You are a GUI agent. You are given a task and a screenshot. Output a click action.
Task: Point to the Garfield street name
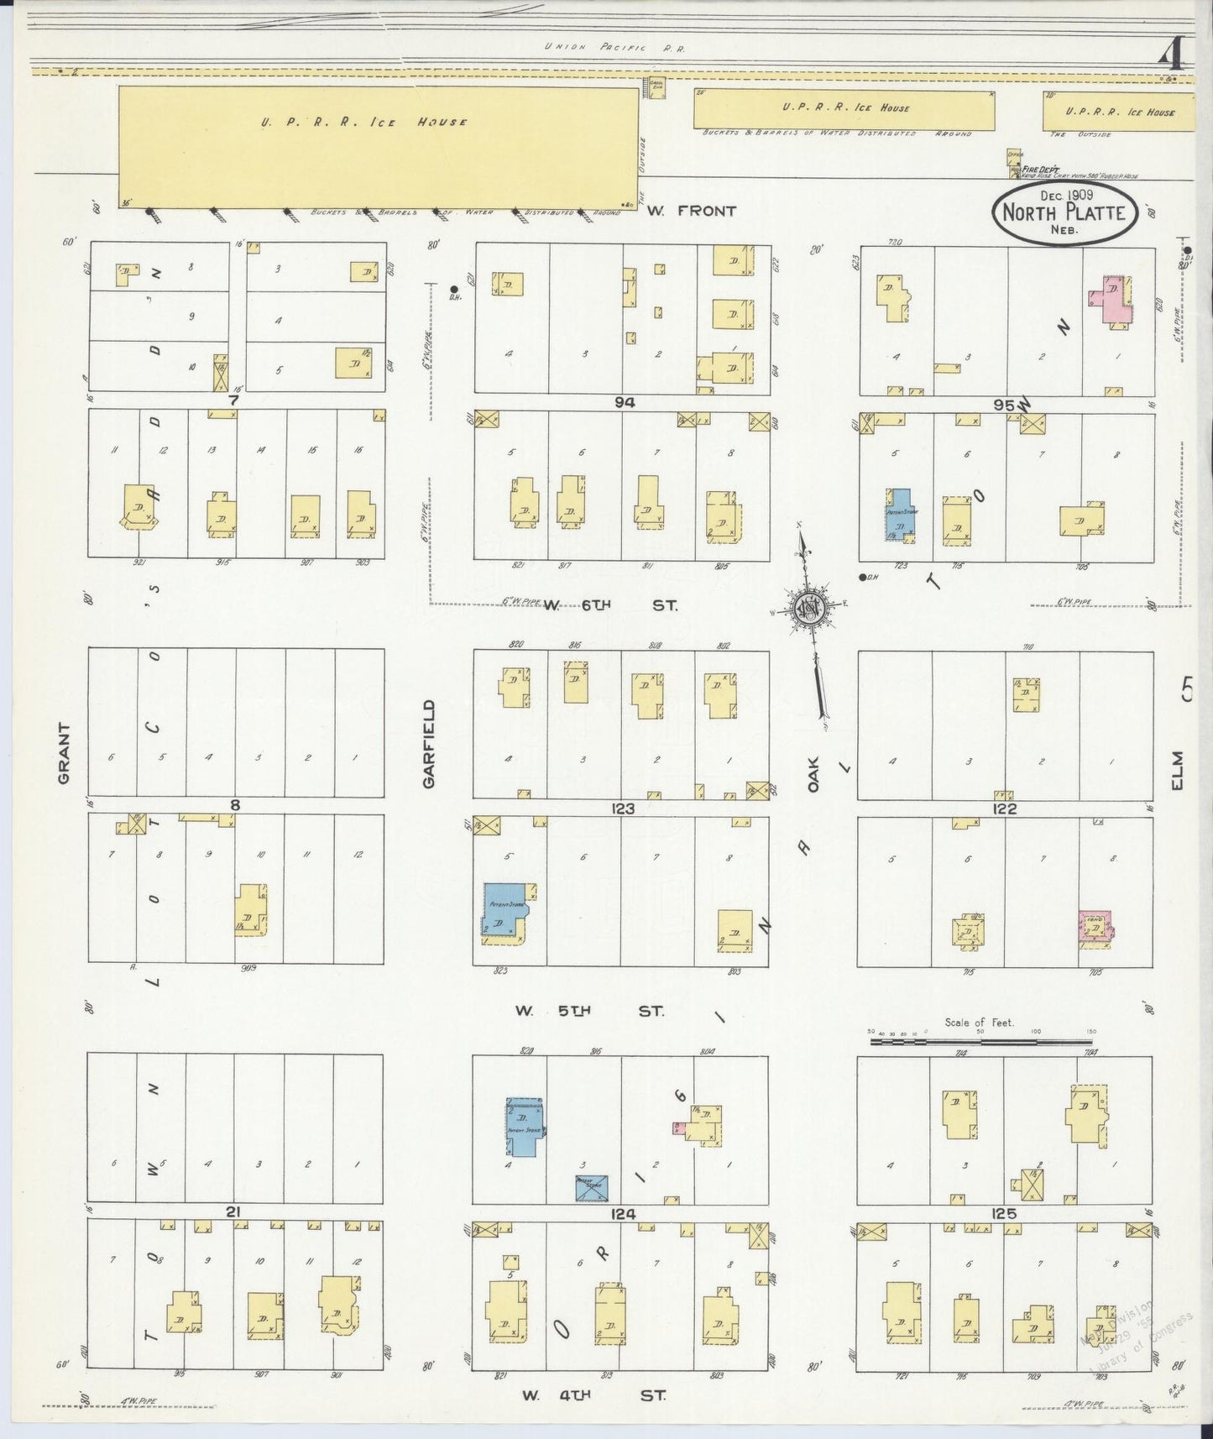(x=429, y=743)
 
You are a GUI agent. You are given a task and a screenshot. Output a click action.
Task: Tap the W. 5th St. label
(x=589, y=1011)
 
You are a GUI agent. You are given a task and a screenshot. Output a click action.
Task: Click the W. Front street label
(x=692, y=211)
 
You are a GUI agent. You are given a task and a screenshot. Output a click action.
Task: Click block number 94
(x=624, y=402)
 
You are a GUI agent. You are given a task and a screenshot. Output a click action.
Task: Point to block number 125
(x=1004, y=1213)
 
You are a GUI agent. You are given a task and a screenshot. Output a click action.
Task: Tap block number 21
(x=233, y=1211)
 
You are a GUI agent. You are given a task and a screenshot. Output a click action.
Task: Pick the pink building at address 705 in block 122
(x=1095, y=927)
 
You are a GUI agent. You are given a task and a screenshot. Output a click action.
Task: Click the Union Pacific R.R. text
(x=614, y=49)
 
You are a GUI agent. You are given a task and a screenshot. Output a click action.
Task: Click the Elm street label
(x=1176, y=770)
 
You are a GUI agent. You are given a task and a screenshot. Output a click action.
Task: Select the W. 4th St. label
(x=593, y=1395)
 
